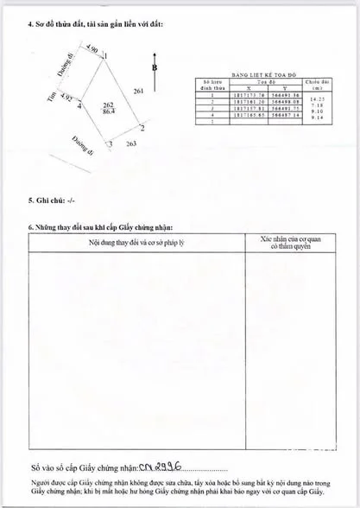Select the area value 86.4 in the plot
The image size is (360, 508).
point(109,113)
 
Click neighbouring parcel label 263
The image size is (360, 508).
point(131,144)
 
